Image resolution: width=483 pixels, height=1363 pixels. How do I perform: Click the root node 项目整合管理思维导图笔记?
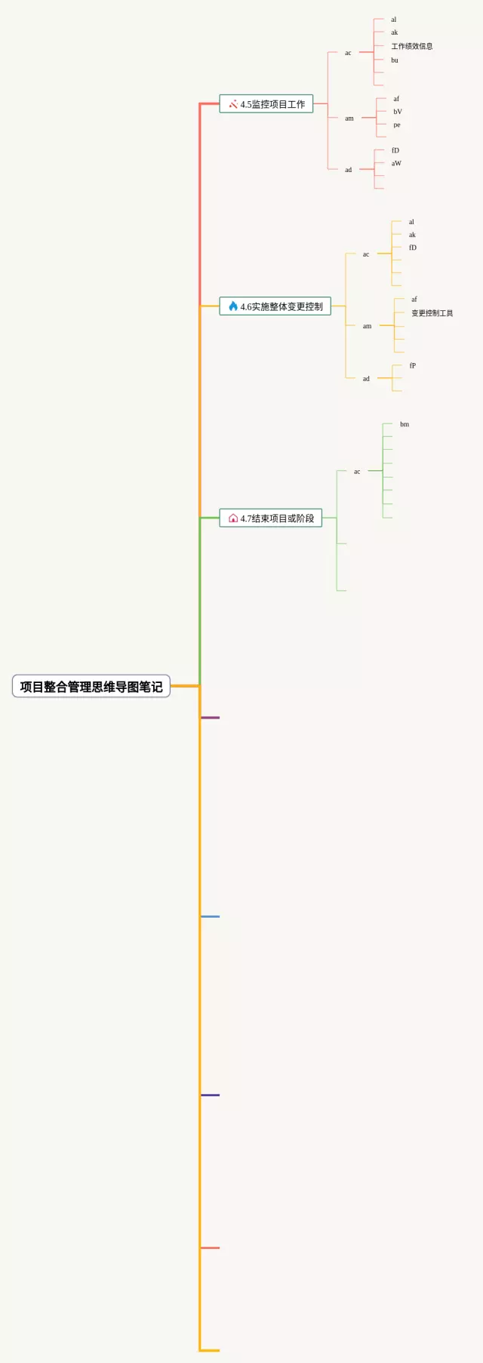coord(91,686)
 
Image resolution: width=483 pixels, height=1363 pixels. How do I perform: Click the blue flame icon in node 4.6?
coord(233,306)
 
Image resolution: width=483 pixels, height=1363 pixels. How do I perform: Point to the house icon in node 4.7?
coord(233,518)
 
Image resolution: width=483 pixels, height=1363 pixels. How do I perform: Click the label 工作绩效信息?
coord(411,46)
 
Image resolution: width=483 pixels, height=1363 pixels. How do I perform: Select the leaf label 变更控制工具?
coord(432,313)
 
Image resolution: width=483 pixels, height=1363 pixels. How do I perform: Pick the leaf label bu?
coord(395,60)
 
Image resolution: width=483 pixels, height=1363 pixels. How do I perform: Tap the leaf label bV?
coord(398,112)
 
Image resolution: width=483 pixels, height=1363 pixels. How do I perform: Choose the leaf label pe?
coord(397,125)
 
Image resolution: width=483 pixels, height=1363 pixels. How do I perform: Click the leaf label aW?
coord(396,164)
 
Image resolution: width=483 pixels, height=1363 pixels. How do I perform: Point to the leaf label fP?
coord(413,366)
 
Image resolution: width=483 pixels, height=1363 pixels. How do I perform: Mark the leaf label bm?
coord(405,425)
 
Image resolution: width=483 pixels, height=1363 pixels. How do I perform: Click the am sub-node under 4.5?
coord(349,118)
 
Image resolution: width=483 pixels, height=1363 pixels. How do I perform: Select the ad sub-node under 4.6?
coord(366,379)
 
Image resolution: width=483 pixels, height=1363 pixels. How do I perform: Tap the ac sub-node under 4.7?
coord(357,472)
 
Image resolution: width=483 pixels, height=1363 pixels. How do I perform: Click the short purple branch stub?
coord(211,718)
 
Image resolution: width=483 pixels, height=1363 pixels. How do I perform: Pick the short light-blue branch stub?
coord(211,916)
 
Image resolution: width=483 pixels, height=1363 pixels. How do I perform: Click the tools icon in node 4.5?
coord(233,104)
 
